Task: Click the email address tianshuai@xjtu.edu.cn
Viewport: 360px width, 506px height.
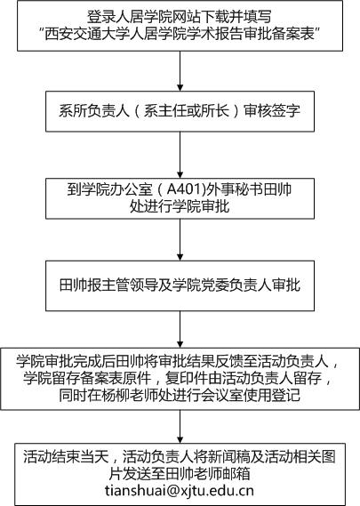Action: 180,491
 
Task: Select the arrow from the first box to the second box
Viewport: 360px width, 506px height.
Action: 180,71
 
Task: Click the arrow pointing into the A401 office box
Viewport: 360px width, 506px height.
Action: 180,155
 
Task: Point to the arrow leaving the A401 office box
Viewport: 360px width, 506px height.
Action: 180,240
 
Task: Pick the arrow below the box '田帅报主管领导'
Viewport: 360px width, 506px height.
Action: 180,329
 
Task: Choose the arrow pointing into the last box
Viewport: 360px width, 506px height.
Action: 180,426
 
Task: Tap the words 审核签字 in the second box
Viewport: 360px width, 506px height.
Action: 272,111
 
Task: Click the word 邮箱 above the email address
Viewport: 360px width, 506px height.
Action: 236,474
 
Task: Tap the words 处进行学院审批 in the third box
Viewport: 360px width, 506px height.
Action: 180,206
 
